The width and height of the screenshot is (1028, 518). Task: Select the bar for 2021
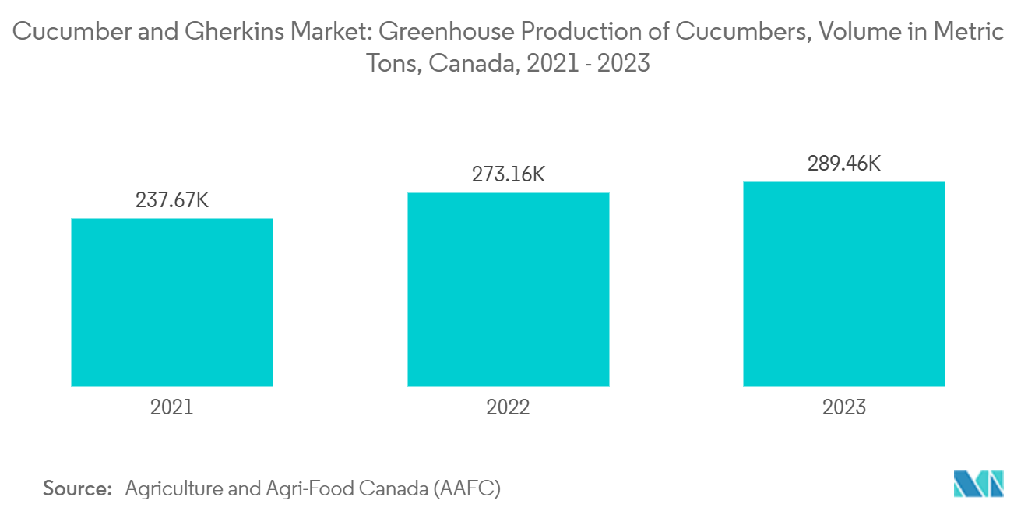click(x=172, y=302)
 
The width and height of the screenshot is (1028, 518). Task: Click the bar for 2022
click(x=509, y=289)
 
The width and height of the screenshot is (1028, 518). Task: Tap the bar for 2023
click(x=844, y=284)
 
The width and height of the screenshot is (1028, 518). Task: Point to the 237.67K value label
click(x=172, y=200)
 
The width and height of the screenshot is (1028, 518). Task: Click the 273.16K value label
click(x=509, y=174)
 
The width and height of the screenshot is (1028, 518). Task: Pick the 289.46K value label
click(x=844, y=164)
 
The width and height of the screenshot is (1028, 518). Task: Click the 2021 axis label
click(x=171, y=407)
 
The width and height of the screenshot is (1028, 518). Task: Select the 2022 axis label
click(x=508, y=407)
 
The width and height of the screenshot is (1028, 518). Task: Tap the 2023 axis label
click(x=844, y=407)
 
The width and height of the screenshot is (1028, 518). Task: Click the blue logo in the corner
click(x=978, y=484)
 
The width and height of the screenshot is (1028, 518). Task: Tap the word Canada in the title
click(x=474, y=63)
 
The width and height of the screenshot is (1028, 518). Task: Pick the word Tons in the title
click(x=394, y=63)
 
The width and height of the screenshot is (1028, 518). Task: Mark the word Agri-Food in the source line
click(x=310, y=488)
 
